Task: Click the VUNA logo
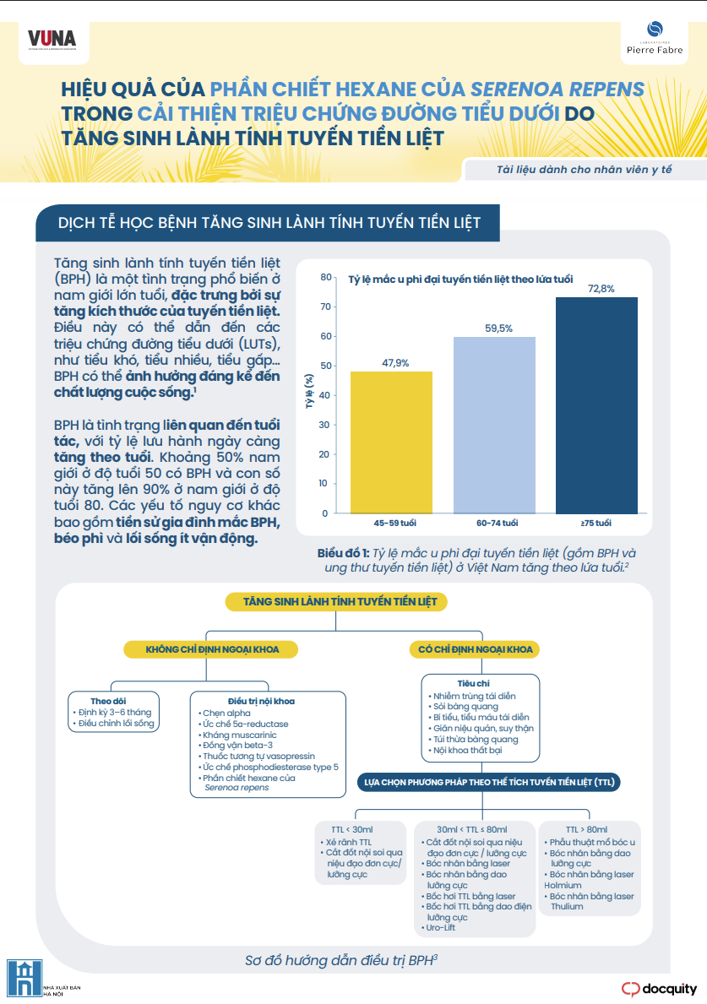pos(52,41)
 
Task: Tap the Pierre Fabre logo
pos(655,38)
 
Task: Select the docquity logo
pos(659,989)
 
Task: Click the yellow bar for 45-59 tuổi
pos(391,442)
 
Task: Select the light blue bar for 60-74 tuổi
pos(494,426)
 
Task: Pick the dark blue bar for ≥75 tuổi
pos(597,405)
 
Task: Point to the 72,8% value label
pos(601,289)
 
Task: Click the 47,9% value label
pos(395,363)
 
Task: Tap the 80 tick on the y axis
pos(326,277)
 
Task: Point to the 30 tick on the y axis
pos(324,425)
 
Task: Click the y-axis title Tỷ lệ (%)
pos(309,391)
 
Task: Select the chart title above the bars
pos(460,279)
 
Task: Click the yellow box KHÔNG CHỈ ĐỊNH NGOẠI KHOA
pos(212,649)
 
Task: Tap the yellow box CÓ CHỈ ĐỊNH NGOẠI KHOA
pos(476,649)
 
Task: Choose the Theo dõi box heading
pos(108,701)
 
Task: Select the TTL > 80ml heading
pos(586,829)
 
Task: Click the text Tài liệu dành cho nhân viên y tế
pos(584,170)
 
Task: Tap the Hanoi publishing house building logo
pos(24,978)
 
